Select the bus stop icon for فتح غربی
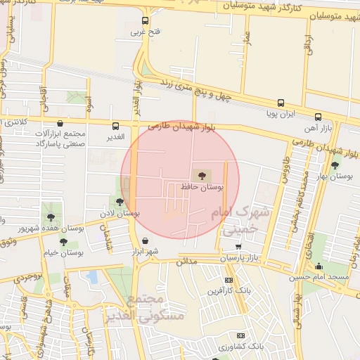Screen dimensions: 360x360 pos(146,20)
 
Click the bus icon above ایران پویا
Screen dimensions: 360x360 pos(281,102)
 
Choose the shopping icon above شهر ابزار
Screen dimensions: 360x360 pos(145,240)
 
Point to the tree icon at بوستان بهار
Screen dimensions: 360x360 pos(335,166)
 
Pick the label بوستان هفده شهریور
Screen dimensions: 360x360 pos(28,229)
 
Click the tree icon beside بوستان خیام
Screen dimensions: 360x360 pos(63,242)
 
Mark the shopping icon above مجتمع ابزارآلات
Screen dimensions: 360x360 pos(59,122)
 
